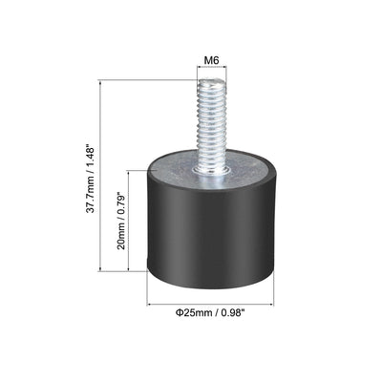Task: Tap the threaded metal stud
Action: point(211,124)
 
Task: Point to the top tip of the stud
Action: point(211,82)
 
